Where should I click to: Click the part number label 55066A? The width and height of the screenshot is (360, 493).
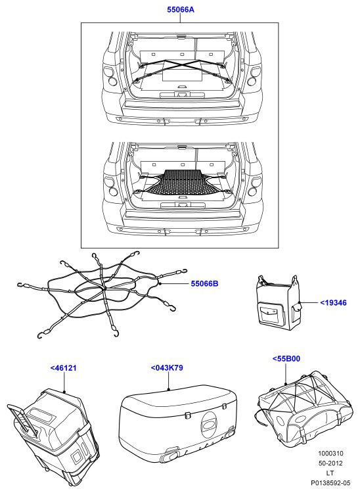point(180,10)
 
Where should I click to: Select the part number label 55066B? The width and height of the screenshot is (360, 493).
point(204,283)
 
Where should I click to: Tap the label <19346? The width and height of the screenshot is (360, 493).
point(333,303)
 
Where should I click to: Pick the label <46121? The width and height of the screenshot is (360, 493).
point(64,368)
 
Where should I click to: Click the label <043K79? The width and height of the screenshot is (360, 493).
point(167,368)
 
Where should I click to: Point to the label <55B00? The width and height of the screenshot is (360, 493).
point(286,359)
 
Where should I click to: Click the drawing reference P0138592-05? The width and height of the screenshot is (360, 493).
point(330,482)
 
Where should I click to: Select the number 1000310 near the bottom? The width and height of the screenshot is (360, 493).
point(331,454)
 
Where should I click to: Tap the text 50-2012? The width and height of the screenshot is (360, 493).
point(331,463)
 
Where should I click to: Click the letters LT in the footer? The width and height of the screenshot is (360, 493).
point(330,473)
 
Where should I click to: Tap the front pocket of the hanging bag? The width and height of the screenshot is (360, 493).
point(268,312)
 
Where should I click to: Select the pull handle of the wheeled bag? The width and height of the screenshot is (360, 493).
point(24,421)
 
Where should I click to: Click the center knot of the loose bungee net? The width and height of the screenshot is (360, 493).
point(104,288)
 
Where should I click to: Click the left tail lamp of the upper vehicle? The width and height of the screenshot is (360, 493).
point(110,76)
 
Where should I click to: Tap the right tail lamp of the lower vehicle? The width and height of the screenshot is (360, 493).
point(254,187)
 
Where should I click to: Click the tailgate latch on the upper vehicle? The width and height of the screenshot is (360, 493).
point(182,95)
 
